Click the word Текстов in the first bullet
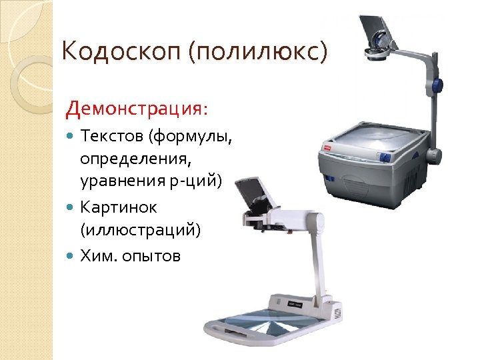tap(111, 137)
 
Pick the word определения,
tap(123, 160)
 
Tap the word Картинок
tap(118, 208)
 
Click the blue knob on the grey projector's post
tap(438, 86)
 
